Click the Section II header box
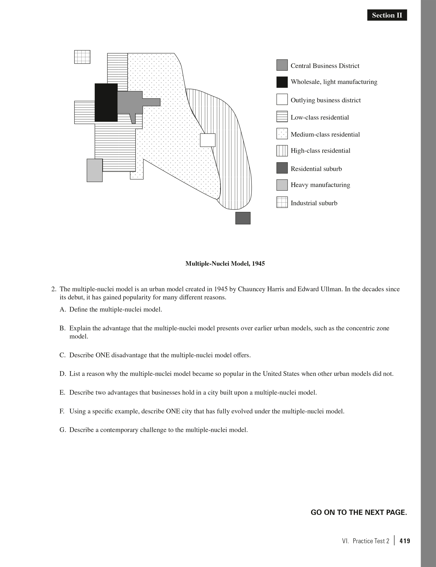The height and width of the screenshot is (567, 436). [387, 15]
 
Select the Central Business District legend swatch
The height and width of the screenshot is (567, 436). [282, 65]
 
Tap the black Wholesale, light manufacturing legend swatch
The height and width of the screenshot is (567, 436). [282, 82]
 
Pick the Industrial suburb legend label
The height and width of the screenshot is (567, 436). [314, 203]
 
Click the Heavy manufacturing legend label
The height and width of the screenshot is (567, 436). [320, 185]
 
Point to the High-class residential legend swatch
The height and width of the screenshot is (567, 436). [282, 151]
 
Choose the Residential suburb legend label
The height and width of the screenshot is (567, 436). [316, 169]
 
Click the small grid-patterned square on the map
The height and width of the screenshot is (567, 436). [82, 57]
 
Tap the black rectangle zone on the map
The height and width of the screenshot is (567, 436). [106, 103]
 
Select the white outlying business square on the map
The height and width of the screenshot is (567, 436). [208, 140]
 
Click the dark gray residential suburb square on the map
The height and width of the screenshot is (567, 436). [243, 218]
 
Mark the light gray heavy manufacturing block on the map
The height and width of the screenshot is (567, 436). [95, 170]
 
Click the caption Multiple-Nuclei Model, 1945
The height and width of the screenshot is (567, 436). [225, 264]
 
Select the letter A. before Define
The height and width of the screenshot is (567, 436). [62, 309]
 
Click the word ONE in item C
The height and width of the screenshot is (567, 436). [102, 355]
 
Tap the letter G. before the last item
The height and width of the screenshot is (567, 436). [62, 430]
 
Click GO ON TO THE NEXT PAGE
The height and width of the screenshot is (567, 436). [359, 512]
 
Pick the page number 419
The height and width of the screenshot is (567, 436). [405, 541]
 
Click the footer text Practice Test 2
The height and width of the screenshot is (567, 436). [371, 541]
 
